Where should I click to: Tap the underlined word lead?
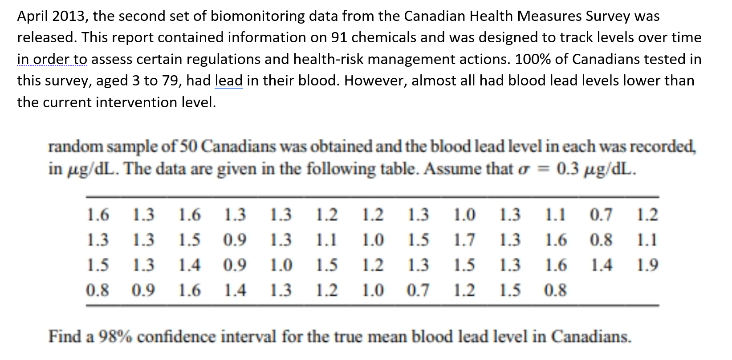228,81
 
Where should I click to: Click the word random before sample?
73,147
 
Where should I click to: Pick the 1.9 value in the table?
647,265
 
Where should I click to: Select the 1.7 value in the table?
464,240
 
